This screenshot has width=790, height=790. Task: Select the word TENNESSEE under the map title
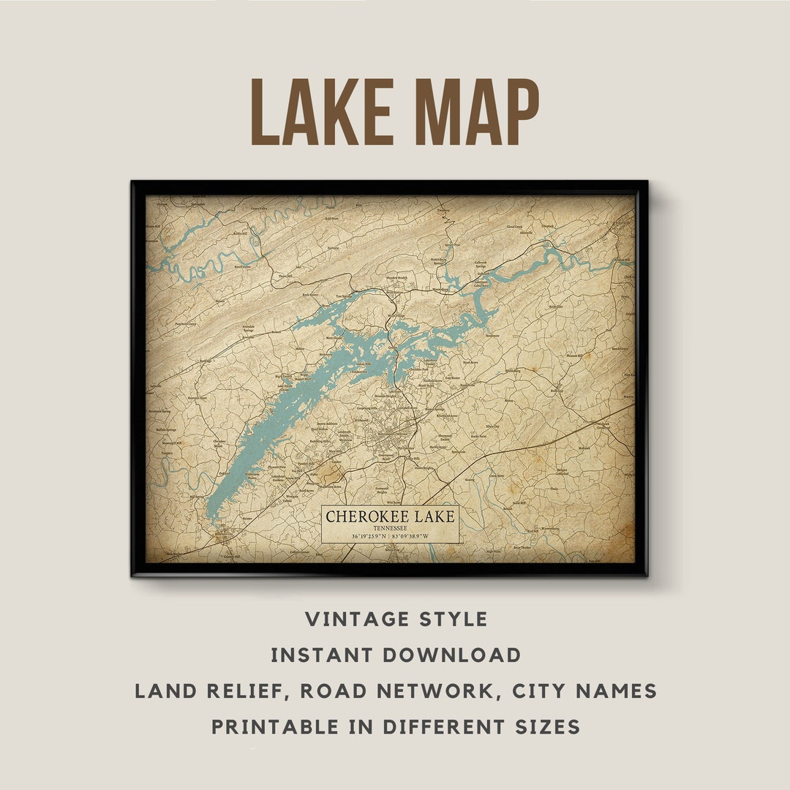[x=391, y=527]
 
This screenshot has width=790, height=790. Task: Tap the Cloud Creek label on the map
[x=515, y=227]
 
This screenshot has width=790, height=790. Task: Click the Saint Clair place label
[x=555, y=307]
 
